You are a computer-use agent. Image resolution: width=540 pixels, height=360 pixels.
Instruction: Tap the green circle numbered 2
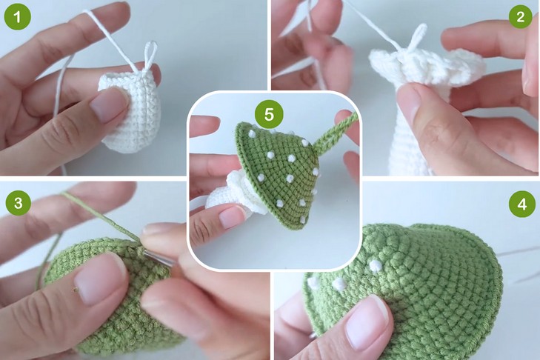coord(520,16)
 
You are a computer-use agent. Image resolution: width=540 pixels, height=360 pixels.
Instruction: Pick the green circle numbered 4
coord(521,204)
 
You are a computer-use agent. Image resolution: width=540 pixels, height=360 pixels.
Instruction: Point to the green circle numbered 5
coord(269,114)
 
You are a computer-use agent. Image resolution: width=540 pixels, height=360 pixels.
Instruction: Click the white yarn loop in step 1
coord(150,55)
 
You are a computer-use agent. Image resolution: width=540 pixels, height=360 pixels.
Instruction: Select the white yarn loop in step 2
coord(416,38)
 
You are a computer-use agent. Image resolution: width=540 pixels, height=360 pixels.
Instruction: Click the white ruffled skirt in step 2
coord(427,67)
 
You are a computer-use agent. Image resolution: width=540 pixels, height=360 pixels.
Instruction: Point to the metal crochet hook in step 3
coord(158,259)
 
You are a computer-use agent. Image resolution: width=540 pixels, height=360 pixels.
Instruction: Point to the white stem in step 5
coord(221,198)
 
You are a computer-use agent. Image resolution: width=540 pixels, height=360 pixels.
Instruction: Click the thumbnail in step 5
coord(231,217)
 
